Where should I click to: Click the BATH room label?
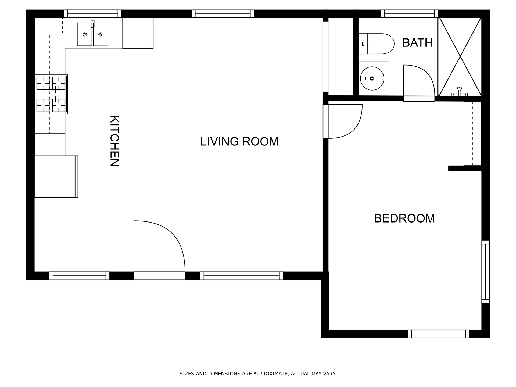417,43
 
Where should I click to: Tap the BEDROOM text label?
404,218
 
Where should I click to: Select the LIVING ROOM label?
239,142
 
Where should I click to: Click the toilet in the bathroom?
376,44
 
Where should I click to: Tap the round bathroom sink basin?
372,78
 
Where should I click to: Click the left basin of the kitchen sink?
85,34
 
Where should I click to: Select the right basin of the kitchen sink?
101,34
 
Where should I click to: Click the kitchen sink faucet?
93,24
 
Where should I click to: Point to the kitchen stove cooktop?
51,94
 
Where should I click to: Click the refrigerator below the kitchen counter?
56,177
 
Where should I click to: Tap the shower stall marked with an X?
460,57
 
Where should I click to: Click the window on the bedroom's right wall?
486,272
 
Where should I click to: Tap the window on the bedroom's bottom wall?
439,334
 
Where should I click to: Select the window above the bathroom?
410,14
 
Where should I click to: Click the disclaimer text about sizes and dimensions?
258,374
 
